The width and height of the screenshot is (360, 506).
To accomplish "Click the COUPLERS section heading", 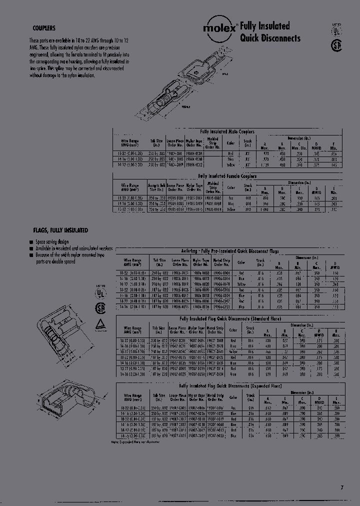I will click(x=43, y=29).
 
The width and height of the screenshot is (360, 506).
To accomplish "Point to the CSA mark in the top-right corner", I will click(x=337, y=45).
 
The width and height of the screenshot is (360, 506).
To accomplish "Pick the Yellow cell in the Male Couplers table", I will click(x=231, y=164).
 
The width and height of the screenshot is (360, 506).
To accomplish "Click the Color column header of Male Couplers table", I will click(x=231, y=143).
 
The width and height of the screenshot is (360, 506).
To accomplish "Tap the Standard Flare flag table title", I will click(x=229, y=318).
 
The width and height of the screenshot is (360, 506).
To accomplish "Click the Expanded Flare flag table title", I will click(x=229, y=386).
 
